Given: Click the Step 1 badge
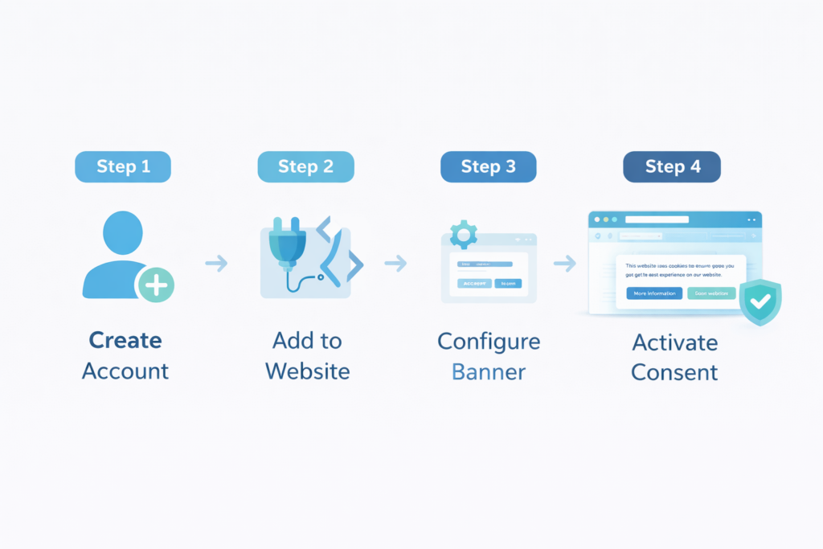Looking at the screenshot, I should pyautogui.click(x=123, y=166).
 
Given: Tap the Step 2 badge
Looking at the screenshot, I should pyautogui.click(x=305, y=166).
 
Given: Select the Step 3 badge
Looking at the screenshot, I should pyautogui.click(x=488, y=166).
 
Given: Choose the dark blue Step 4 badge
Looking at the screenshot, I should pyautogui.click(x=672, y=166).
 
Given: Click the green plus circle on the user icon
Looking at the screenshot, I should pyautogui.click(x=155, y=285).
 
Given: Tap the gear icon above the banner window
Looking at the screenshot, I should pyautogui.click(x=464, y=234).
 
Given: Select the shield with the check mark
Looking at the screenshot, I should pyautogui.click(x=760, y=302).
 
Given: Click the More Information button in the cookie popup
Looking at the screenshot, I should pyautogui.click(x=654, y=293).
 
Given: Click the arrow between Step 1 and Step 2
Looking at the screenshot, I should pyautogui.click(x=216, y=263).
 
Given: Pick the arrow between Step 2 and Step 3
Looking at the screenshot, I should pyautogui.click(x=395, y=263).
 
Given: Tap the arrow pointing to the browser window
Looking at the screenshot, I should pyautogui.click(x=565, y=263).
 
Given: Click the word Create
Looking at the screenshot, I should pyautogui.click(x=125, y=340).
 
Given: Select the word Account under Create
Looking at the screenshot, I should pyautogui.click(x=125, y=371).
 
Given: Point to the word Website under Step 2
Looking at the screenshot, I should pyautogui.click(x=307, y=371).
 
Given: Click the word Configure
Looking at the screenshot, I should pyautogui.click(x=489, y=341).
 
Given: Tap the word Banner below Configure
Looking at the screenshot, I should pyautogui.click(x=489, y=372).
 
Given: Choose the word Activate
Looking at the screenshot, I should pyautogui.click(x=674, y=342).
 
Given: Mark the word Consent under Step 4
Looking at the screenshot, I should pyautogui.click(x=674, y=372).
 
